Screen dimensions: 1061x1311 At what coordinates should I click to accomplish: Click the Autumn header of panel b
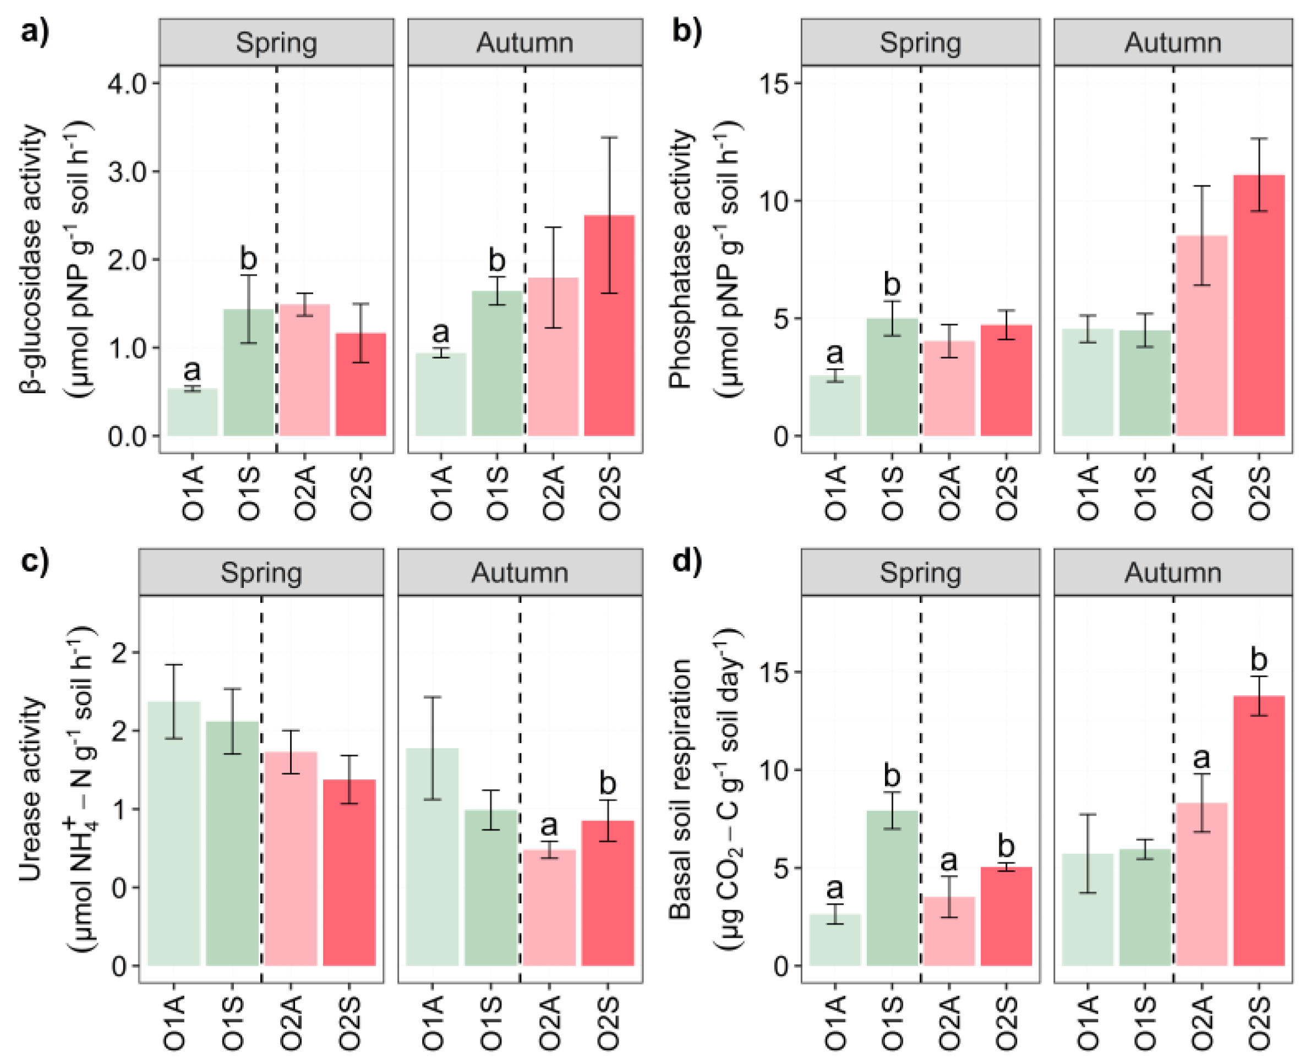[x=1172, y=43]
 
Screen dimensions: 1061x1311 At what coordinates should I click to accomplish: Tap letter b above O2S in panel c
[x=607, y=784]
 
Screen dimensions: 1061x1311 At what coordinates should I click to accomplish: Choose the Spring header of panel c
[x=261, y=573]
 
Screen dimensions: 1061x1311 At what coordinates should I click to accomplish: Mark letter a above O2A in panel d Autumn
[x=1201, y=758]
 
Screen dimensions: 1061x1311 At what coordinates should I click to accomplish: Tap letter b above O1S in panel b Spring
[x=892, y=285]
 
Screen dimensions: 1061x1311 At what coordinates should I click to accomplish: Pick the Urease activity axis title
[x=31, y=788]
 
